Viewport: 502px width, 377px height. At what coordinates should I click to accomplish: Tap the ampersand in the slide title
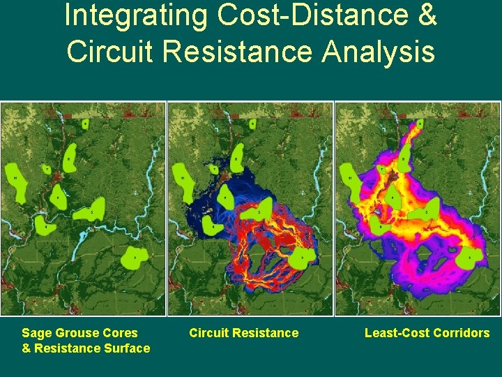[426, 15]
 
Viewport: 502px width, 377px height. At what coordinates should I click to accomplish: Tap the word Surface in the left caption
[127, 348]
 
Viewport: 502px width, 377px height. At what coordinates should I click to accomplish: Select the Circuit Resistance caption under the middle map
[243, 333]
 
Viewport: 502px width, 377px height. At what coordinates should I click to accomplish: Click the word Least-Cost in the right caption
[394, 333]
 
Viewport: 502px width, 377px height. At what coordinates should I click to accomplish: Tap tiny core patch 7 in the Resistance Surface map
[47, 169]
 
